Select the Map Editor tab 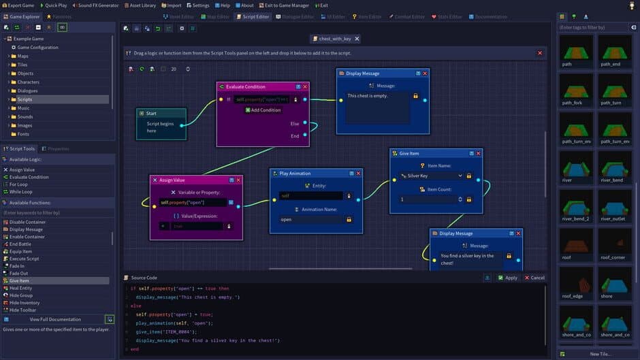pos(216,16)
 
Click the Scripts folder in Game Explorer pos(25,99)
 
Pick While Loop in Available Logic pos(20,192)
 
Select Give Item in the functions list pos(19,280)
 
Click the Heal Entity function pos(20,288)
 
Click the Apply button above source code pos(507,278)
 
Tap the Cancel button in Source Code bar pos(534,278)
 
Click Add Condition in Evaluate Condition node pos(262,110)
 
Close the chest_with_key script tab pos(356,39)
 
